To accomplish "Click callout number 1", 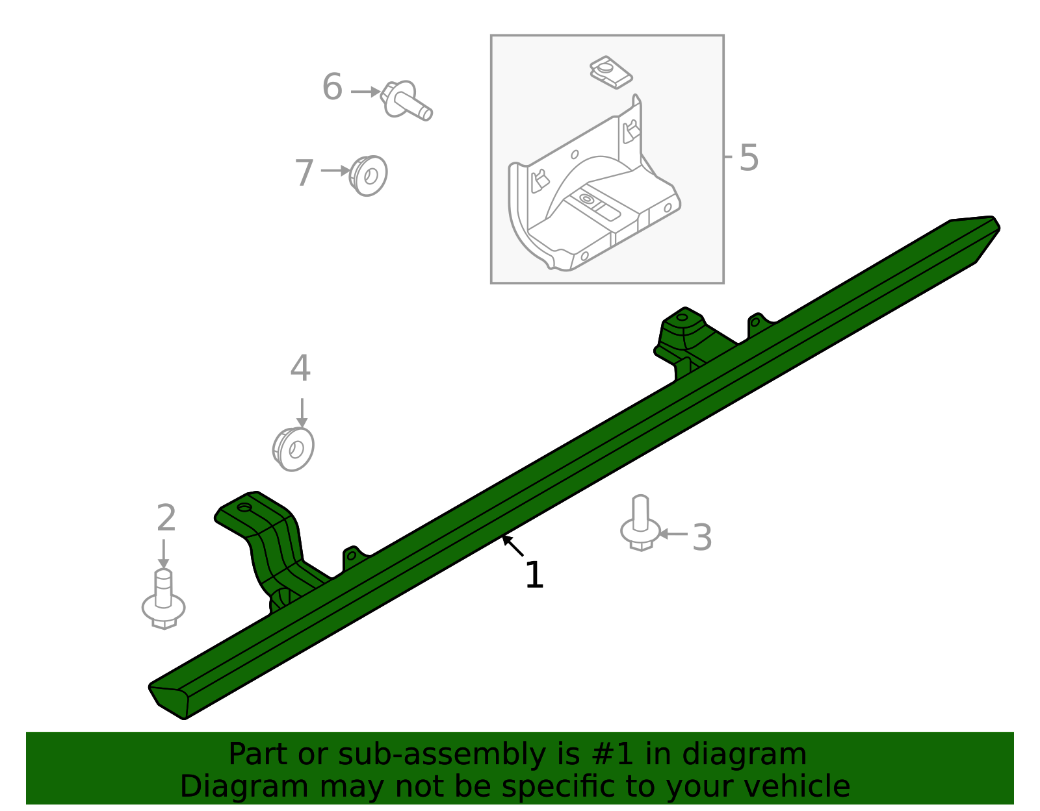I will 534,576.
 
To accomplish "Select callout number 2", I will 166,519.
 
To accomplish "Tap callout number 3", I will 702,538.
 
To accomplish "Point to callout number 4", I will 300,369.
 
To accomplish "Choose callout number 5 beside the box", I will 749,158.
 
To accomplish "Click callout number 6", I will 332,88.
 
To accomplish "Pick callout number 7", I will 304,173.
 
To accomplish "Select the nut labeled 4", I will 294,449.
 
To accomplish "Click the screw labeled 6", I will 406,101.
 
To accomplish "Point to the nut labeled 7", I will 369,175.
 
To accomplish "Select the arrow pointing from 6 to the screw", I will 365,92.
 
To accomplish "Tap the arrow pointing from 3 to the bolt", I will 673,534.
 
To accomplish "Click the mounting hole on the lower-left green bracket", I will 244,507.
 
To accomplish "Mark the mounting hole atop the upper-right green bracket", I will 682,318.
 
